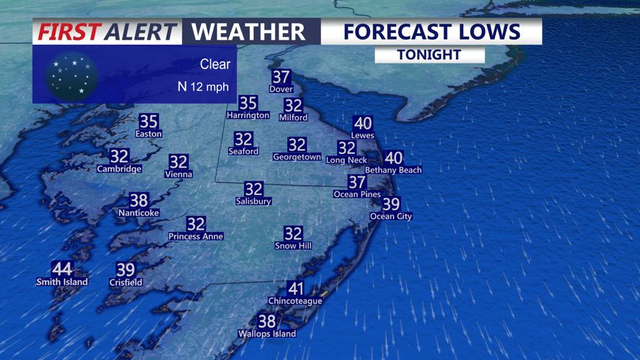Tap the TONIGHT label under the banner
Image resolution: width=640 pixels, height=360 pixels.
(x=429, y=55)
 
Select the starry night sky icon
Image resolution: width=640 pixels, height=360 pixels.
(x=72, y=76)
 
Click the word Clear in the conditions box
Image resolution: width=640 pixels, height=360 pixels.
(x=215, y=64)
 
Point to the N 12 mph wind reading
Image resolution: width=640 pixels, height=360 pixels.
(x=203, y=86)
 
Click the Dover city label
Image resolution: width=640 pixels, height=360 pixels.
(x=281, y=89)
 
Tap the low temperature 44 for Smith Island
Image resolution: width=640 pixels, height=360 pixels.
(x=62, y=269)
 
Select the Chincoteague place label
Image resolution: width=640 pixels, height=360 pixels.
(x=295, y=301)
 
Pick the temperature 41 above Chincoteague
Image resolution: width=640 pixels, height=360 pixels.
(x=295, y=288)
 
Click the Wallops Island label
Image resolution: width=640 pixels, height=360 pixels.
(x=267, y=334)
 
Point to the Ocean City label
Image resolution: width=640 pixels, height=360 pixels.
(x=391, y=216)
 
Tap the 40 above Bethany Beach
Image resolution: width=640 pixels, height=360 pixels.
(x=393, y=158)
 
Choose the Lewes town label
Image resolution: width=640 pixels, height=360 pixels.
(x=362, y=135)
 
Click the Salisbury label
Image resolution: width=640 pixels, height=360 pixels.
(x=253, y=202)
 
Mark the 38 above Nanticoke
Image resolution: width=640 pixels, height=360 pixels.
(x=138, y=200)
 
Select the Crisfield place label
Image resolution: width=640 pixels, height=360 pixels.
(x=125, y=282)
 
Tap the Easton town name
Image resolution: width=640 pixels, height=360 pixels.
(x=149, y=134)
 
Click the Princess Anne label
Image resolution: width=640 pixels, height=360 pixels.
(x=196, y=236)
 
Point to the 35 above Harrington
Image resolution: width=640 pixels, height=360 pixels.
(x=248, y=103)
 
